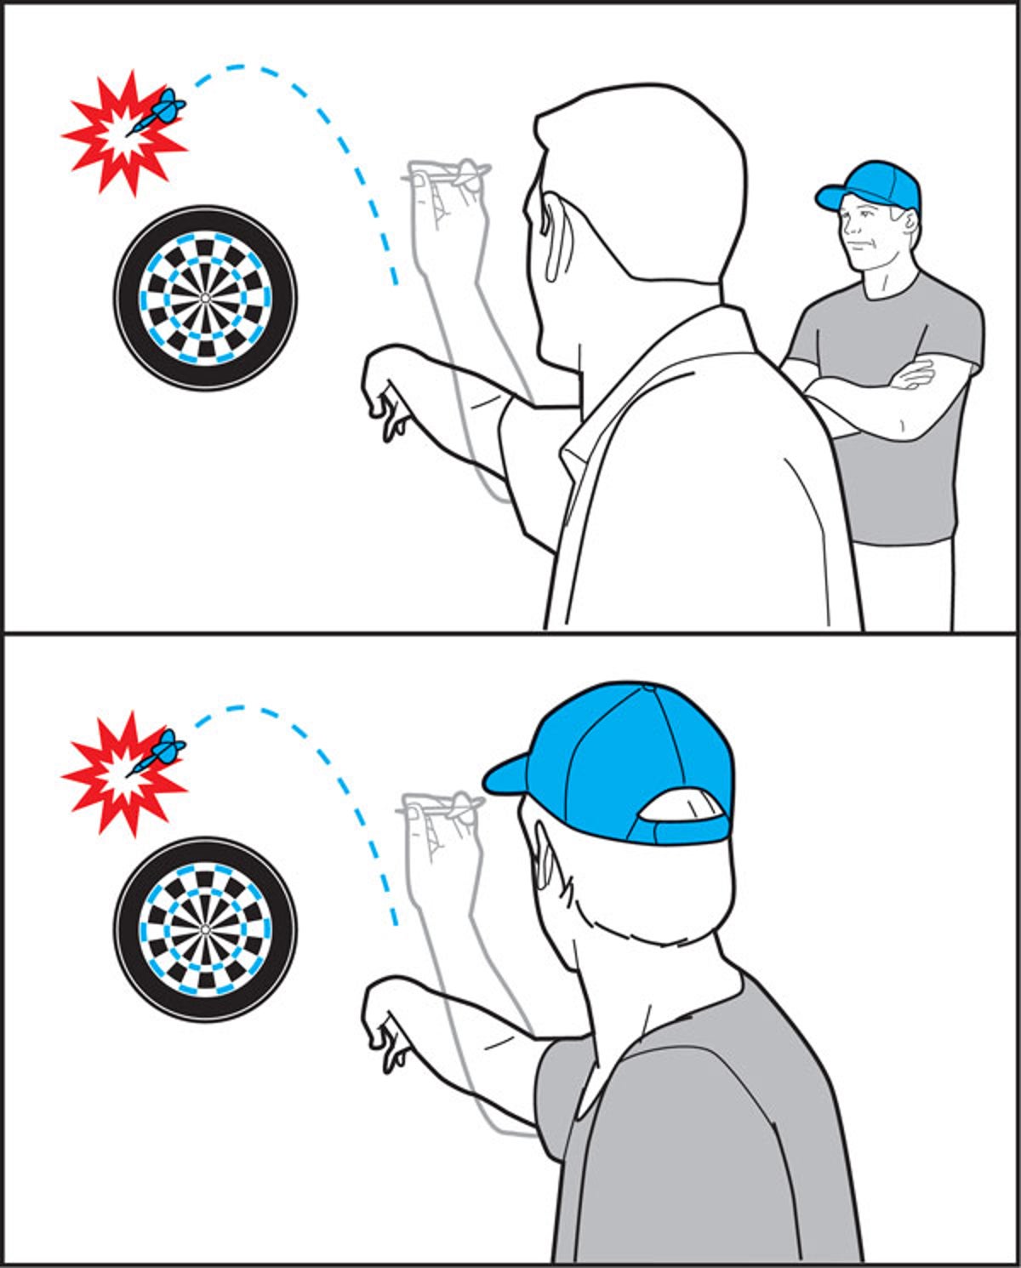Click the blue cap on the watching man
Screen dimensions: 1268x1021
872,185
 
